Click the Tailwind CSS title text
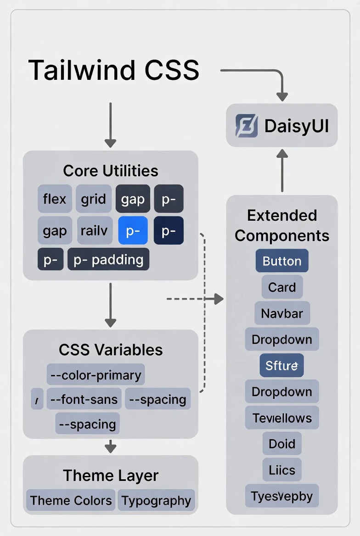(x=113, y=70)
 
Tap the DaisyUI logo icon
(x=247, y=126)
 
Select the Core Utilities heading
(x=111, y=171)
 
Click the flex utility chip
(x=55, y=199)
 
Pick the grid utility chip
(x=94, y=199)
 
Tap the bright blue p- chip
(x=133, y=230)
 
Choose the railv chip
(x=94, y=230)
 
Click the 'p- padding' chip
(x=108, y=260)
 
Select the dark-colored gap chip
(x=133, y=199)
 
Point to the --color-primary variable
(x=96, y=375)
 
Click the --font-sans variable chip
(x=84, y=399)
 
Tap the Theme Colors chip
(x=71, y=500)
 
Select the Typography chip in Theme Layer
(x=156, y=500)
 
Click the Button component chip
(x=282, y=261)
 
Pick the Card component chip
(x=282, y=287)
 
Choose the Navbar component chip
(x=282, y=313)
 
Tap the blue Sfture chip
(x=282, y=366)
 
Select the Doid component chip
(x=282, y=444)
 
